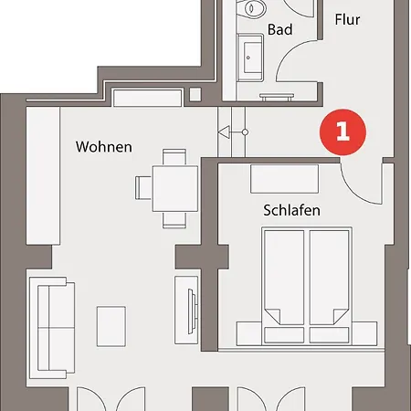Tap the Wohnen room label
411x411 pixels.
click(x=103, y=146)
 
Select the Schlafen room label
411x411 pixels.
click(x=291, y=210)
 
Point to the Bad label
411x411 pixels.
click(x=280, y=30)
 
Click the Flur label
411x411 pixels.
click(x=347, y=18)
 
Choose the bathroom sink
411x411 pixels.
click(x=250, y=56)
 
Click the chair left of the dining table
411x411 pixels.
click(x=144, y=187)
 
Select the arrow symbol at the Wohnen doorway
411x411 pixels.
click(x=224, y=133)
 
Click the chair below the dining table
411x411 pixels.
click(x=174, y=219)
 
